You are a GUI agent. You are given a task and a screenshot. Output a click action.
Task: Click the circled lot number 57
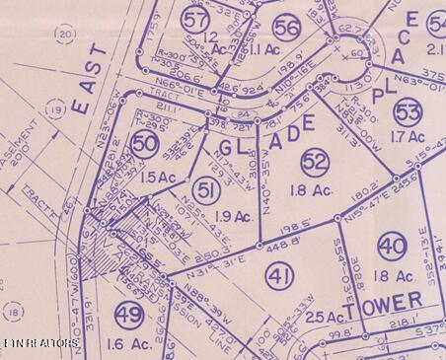(195, 19)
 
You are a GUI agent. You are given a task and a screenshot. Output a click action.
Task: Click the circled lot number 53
(408, 109)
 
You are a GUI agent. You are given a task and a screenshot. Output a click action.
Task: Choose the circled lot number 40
(391, 247)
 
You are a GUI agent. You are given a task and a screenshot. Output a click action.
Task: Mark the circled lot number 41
(279, 279)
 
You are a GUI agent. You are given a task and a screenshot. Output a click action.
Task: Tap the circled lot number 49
(128, 316)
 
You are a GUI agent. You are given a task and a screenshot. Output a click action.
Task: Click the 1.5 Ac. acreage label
(156, 177)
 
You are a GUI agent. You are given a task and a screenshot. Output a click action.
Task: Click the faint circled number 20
(66, 35)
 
